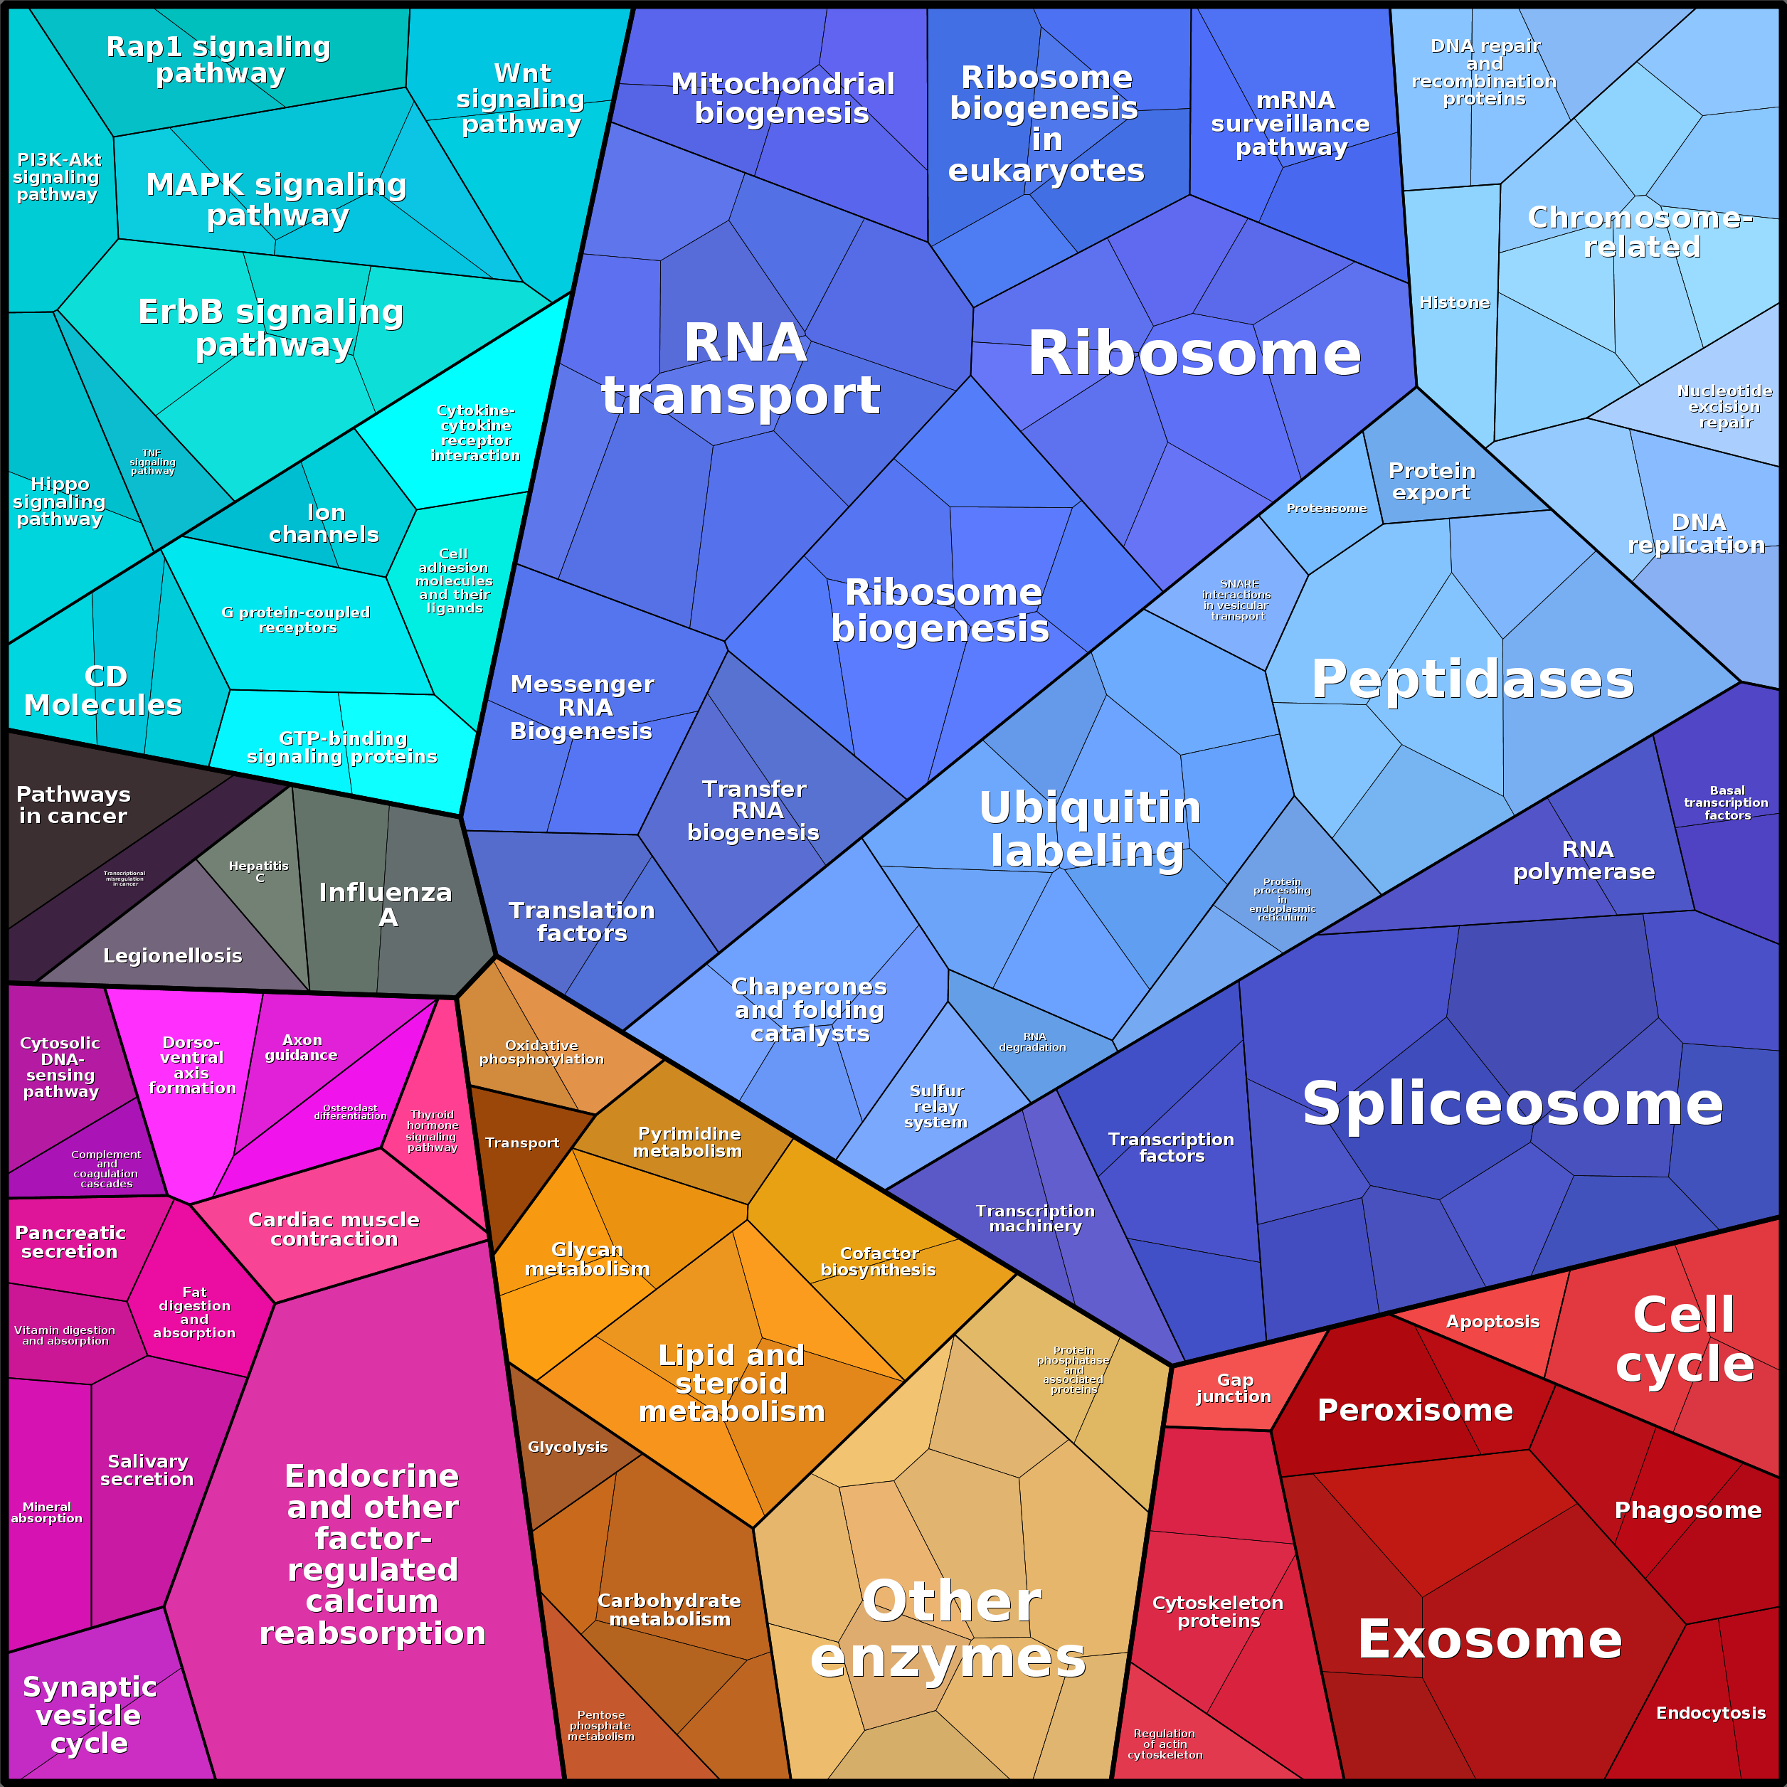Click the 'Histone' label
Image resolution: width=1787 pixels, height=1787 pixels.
(x=1454, y=302)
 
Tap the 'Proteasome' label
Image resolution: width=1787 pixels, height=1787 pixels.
(x=1326, y=508)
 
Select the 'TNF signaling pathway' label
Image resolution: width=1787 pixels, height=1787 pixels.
(x=153, y=462)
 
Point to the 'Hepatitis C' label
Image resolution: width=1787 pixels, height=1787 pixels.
(x=259, y=871)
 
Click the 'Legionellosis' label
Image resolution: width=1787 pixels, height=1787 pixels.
(x=173, y=955)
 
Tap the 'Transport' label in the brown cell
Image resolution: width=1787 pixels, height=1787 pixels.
(x=521, y=1143)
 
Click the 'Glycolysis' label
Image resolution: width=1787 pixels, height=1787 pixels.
(x=567, y=1447)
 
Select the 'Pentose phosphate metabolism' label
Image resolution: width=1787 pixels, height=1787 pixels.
(x=600, y=1725)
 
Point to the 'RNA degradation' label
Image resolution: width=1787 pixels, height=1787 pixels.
(x=1033, y=1042)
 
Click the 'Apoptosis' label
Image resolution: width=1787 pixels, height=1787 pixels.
(x=1493, y=1322)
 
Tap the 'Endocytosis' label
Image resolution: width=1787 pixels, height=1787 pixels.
(x=1710, y=1713)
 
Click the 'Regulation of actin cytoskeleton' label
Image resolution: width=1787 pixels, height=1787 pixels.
(x=1165, y=1744)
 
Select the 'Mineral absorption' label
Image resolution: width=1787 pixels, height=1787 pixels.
(x=46, y=1512)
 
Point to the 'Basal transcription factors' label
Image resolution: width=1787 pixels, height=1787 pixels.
(x=1726, y=803)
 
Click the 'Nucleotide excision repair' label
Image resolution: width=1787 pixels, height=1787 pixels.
(x=1724, y=407)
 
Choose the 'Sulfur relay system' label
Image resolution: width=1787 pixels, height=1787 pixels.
(x=936, y=1106)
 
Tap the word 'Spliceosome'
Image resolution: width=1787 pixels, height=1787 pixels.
(x=1512, y=1103)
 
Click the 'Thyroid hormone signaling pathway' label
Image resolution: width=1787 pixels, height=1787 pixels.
(x=432, y=1131)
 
